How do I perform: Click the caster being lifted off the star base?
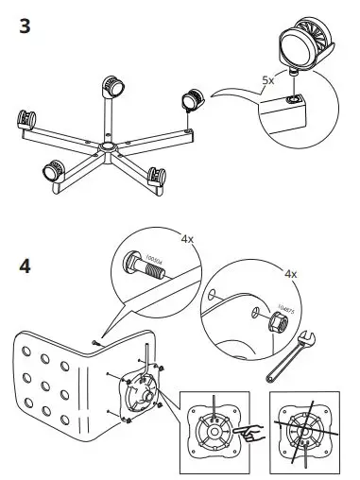tap(193, 99)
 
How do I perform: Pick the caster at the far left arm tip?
tap(25, 121)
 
